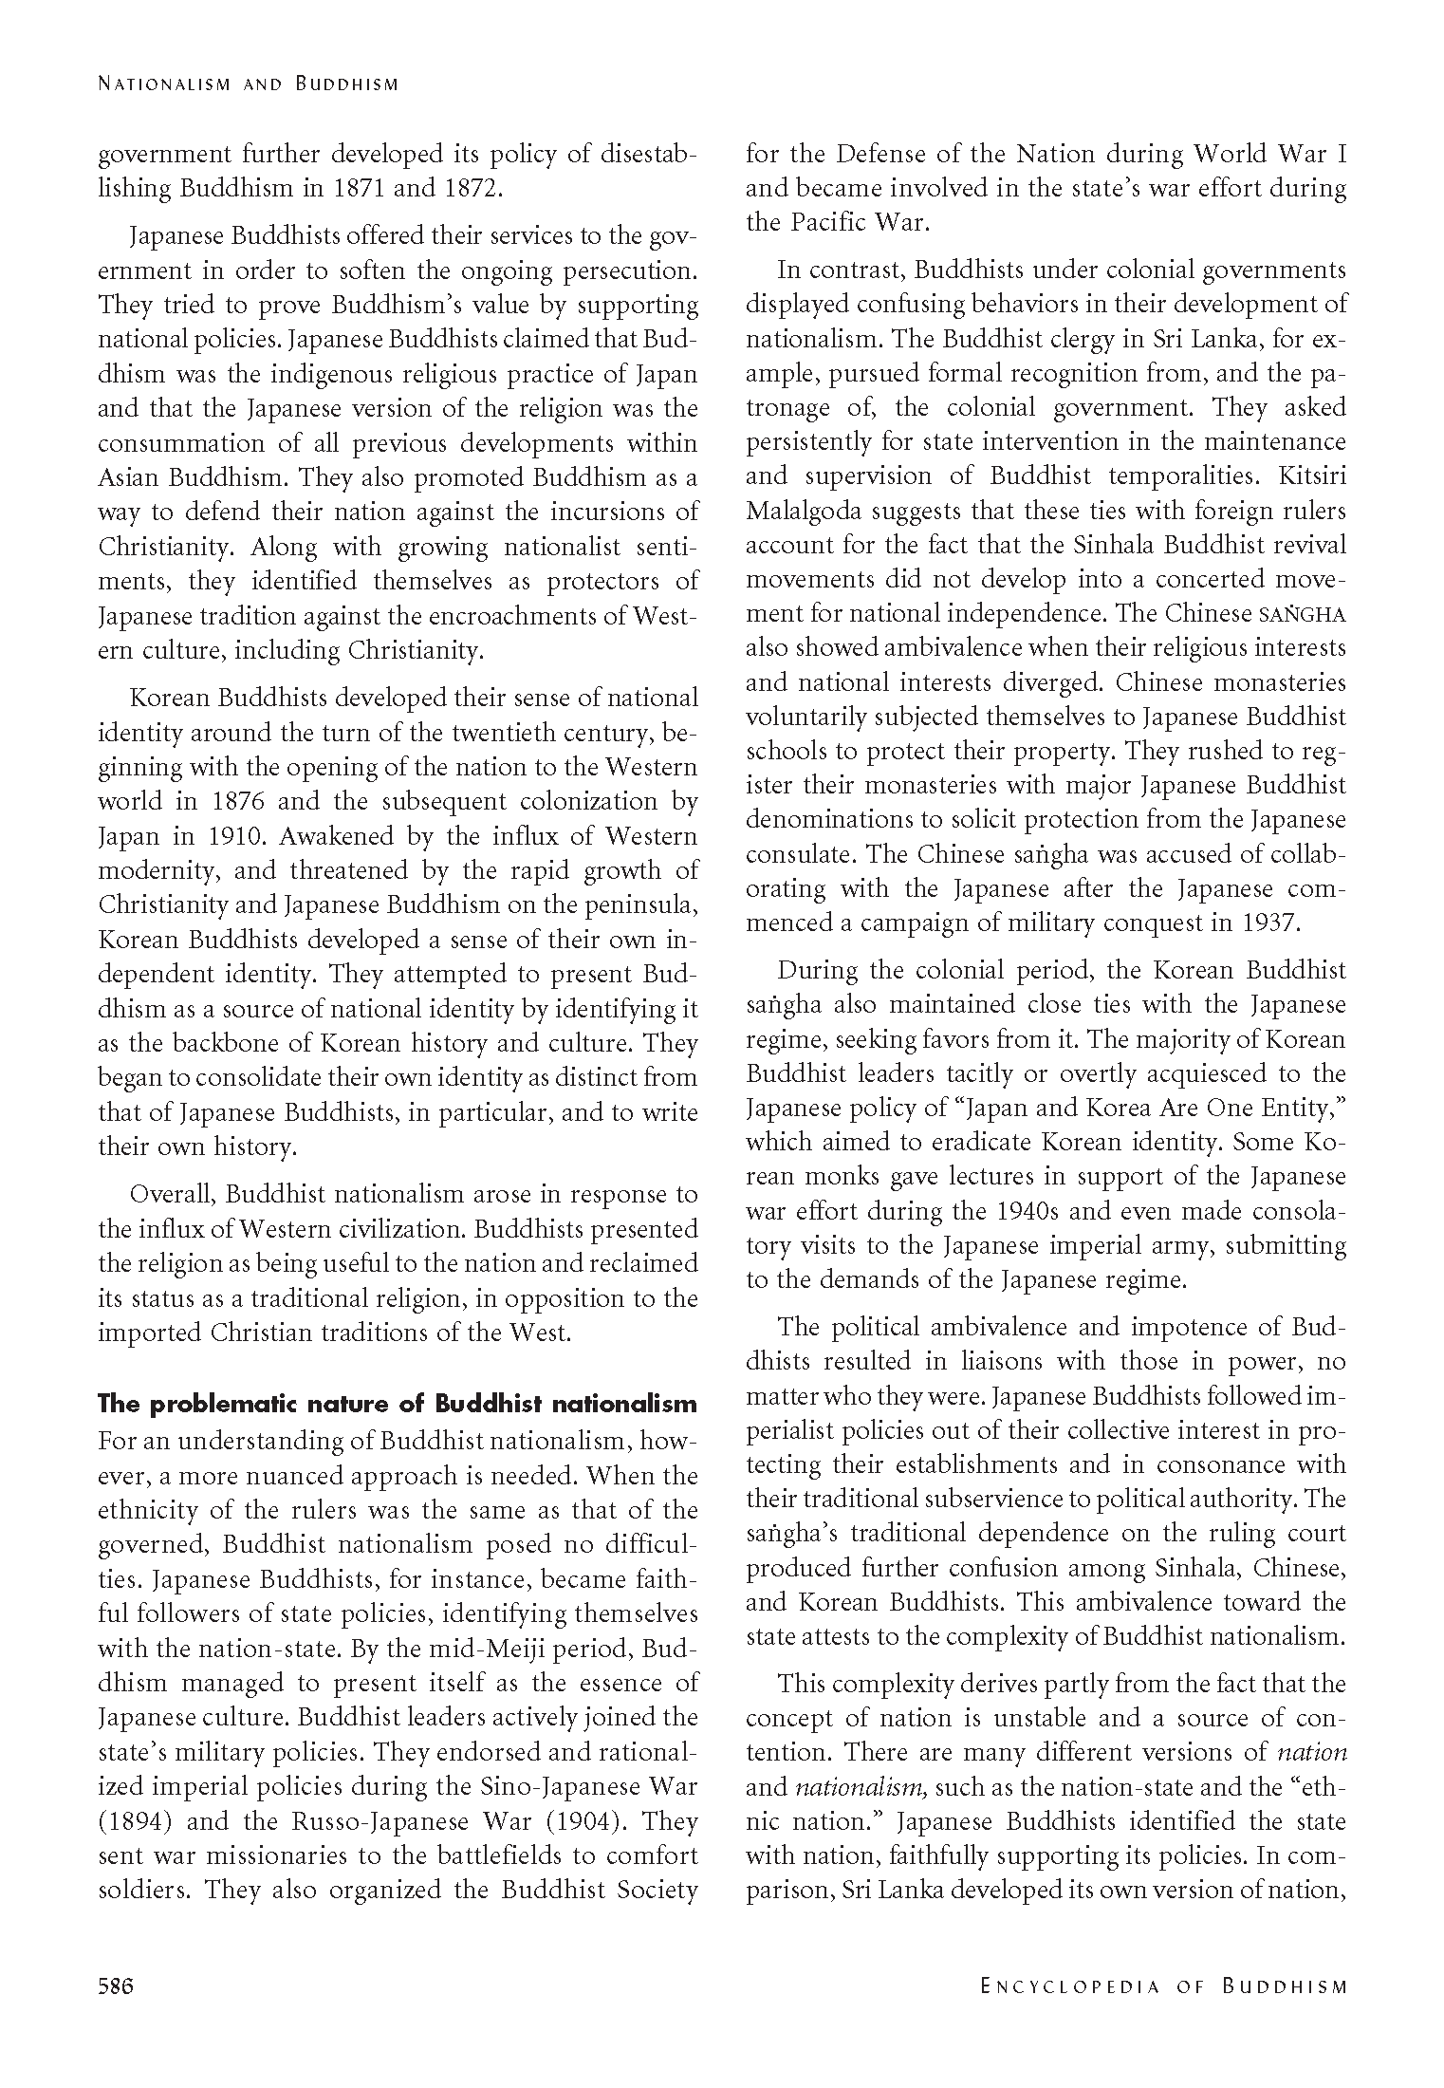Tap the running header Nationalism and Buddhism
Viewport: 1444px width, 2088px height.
(x=248, y=84)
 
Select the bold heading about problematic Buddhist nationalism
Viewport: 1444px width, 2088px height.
(x=398, y=1404)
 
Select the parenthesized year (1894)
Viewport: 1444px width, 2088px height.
(x=133, y=1821)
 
